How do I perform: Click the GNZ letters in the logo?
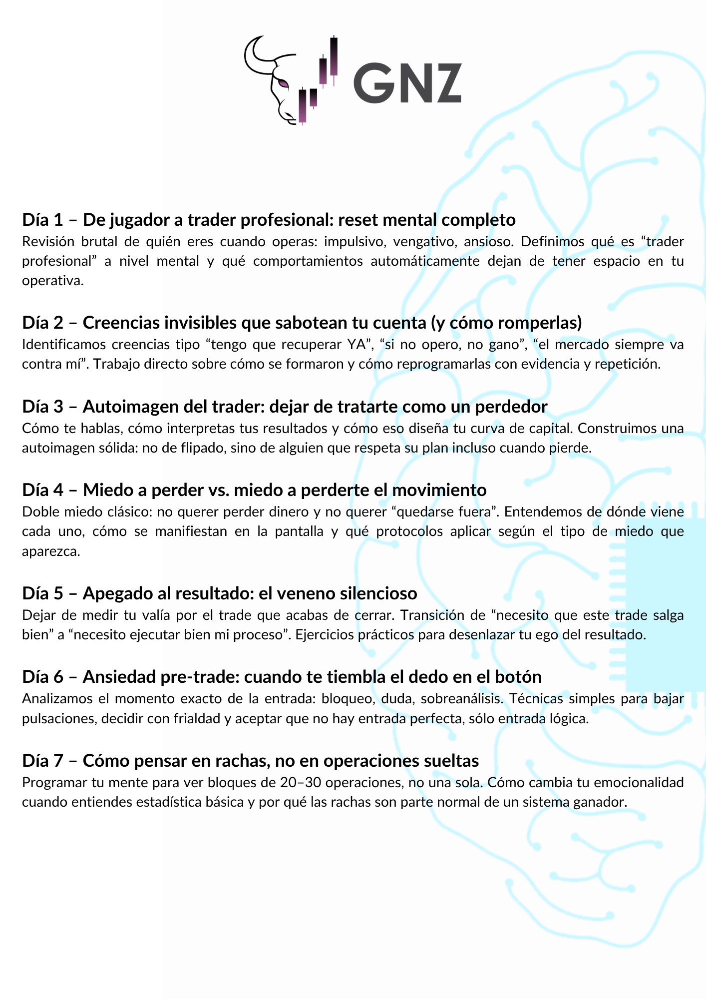pos(407,83)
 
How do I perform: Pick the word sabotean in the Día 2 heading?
pos(273,323)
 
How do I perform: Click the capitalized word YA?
pos(356,345)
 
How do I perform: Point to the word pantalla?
pos(301,531)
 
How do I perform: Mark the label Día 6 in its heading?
pos(43,677)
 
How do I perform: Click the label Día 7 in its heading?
pos(43,760)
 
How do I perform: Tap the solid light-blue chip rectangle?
pos(666,604)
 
